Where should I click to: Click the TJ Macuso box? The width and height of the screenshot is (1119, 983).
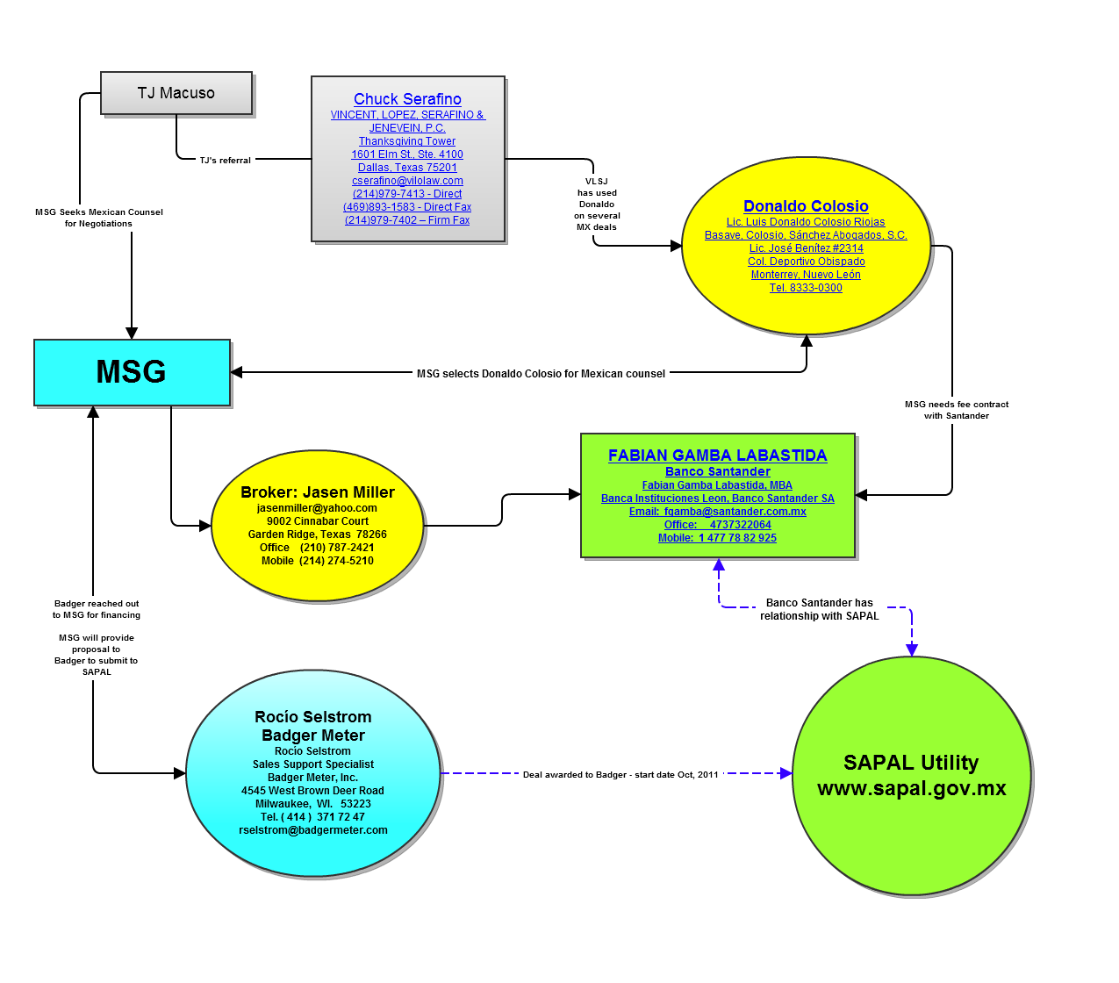click(x=176, y=93)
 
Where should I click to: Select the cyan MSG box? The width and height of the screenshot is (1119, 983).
click(x=132, y=372)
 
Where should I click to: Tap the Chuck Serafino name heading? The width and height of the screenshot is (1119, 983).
click(x=407, y=99)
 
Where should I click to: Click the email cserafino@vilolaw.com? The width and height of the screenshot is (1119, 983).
click(x=407, y=181)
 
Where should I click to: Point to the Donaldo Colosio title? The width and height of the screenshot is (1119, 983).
click(x=806, y=206)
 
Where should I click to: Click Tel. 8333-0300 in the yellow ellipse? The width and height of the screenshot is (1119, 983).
click(x=806, y=288)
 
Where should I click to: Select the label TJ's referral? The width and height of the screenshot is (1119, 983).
click(x=226, y=161)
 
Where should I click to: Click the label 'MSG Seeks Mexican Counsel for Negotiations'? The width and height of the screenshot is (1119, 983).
click(x=99, y=218)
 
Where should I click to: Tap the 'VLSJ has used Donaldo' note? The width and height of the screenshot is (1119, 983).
click(x=597, y=204)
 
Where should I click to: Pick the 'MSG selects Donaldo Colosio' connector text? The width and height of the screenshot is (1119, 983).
click(x=541, y=374)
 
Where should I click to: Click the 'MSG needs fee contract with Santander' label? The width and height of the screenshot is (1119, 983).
click(x=957, y=410)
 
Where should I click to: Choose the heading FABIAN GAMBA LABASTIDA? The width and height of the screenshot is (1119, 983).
click(x=717, y=456)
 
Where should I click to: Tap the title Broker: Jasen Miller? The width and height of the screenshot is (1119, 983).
click(x=318, y=492)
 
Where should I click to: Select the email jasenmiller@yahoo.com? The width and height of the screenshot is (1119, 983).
click(x=317, y=508)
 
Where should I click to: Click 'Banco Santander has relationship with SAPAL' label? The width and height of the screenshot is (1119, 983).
click(x=820, y=609)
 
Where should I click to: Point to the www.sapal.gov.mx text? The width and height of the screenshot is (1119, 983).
click(x=912, y=788)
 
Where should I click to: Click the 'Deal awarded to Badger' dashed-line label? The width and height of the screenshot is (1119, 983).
click(x=620, y=775)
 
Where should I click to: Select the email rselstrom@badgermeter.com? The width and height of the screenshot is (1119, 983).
click(x=313, y=830)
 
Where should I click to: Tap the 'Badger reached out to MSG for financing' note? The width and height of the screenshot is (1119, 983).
click(x=97, y=609)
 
